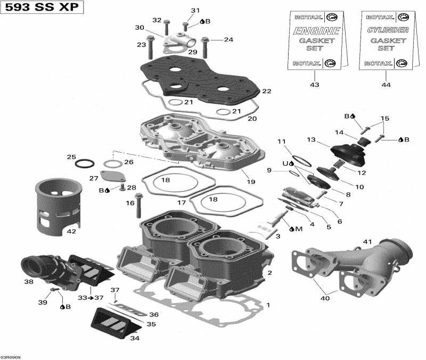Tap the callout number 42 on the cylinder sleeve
(x=71, y=232)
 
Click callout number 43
(x=314, y=85)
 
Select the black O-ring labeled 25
(x=84, y=162)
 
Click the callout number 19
(x=251, y=182)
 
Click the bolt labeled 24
(x=204, y=47)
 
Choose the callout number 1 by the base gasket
(x=268, y=305)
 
